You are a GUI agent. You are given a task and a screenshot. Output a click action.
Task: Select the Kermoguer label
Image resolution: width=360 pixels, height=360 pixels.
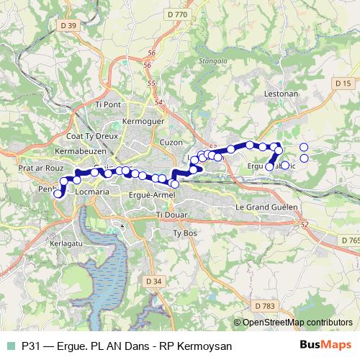(144, 121)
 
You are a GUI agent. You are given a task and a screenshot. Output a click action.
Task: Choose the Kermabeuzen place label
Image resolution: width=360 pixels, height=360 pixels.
(81, 152)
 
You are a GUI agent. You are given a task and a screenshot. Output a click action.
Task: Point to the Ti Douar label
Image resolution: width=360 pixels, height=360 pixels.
(171, 215)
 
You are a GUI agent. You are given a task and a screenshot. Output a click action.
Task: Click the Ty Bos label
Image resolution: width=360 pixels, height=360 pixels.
(185, 233)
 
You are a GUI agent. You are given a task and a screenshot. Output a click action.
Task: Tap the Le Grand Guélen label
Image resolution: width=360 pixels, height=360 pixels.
(266, 207)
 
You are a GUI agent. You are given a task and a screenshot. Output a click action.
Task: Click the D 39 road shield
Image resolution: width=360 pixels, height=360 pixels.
(68, 27)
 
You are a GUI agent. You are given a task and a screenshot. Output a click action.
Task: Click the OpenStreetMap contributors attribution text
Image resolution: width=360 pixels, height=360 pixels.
(297, 323)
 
